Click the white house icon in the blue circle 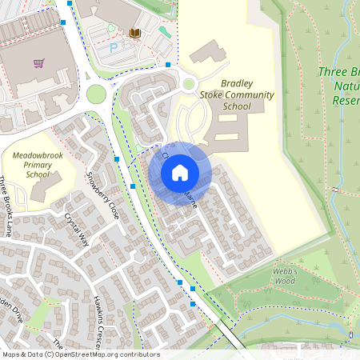point(180,172)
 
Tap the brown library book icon point(134,33)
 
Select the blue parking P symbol point(113,48)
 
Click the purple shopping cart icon point(38,62)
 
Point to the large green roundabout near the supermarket point(96,94)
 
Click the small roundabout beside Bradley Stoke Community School point(189,82)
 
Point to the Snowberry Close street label point(102,196)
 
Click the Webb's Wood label point(285,276)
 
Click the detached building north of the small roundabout point(207,54)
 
